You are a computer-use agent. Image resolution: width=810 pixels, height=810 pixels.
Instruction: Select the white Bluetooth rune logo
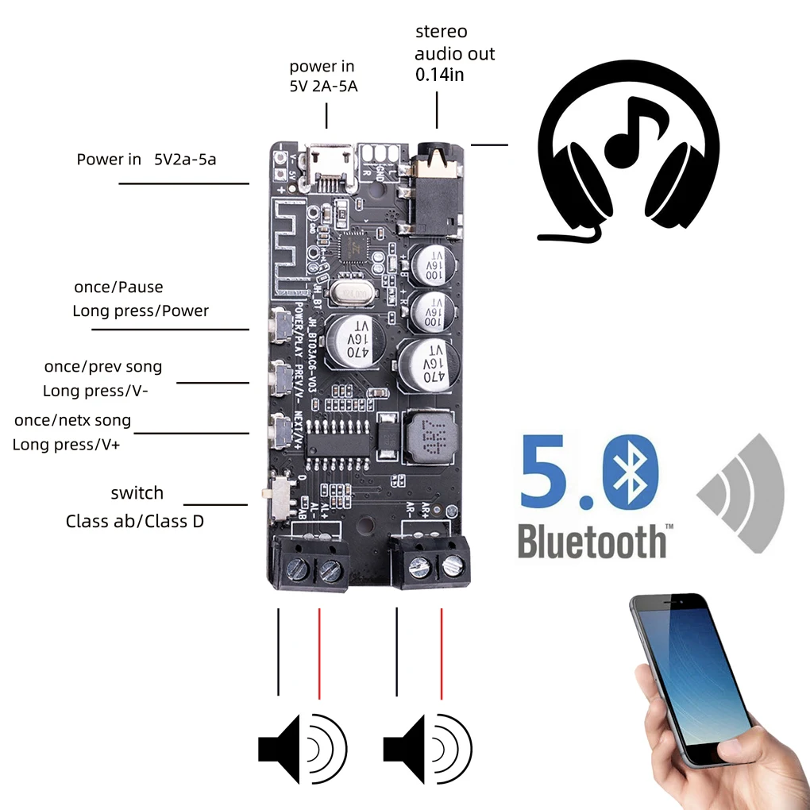(631, 475)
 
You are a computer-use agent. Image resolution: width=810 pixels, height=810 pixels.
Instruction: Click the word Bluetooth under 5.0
(592, 542)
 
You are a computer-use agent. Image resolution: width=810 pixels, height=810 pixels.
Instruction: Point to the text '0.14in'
(440, 75)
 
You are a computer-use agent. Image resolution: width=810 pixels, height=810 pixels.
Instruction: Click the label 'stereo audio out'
(454, 43)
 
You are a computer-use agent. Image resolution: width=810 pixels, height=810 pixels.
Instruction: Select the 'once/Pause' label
(118, 287)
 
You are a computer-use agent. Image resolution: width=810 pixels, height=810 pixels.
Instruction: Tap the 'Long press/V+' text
(66, 445)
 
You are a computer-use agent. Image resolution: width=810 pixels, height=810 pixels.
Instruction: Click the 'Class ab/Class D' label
(134, 522)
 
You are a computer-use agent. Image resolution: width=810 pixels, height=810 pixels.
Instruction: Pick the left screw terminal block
(310, 563)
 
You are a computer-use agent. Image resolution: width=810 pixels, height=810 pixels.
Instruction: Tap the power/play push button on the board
(280, 321)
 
